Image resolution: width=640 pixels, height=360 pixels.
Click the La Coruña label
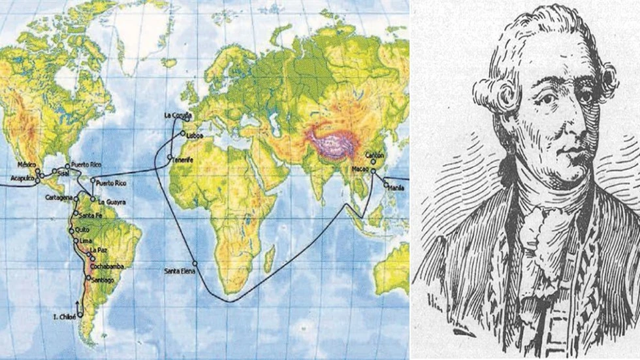[x=176, y=115]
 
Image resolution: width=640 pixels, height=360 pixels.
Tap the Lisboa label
[x=195, y=136]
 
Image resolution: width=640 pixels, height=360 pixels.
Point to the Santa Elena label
[x=178, y=270]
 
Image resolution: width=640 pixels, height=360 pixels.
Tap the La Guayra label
[x=112, y=203]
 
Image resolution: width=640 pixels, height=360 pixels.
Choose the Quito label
[x=82, y=230]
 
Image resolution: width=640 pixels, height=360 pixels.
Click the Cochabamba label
[x=108, y=267]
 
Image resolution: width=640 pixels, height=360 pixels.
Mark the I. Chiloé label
[x=64, y=317]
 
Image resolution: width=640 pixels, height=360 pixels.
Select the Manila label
[x=396, y=188]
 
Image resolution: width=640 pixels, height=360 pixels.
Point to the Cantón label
[x=374, y=155]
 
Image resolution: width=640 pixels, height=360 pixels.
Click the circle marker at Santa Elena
[x=195, y=263]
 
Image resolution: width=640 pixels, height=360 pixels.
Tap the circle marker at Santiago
[x=88, y=278]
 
